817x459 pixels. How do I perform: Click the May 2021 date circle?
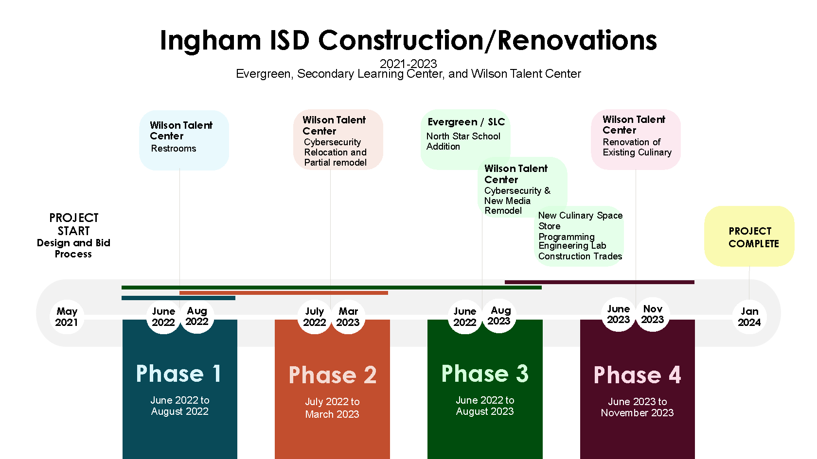pos(67,317)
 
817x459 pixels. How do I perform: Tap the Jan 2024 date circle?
pos(749,317)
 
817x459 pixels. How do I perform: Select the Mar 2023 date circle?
pos(348,317)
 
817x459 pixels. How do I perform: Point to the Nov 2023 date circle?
pos(653,314)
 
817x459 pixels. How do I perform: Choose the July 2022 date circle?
pos(314,317)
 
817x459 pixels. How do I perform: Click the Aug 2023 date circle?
pos(499,316)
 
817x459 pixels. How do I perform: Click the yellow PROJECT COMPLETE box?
pos(749,236)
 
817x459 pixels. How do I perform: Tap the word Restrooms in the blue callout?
pos(174,148)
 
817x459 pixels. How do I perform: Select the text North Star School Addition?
pos(463,141)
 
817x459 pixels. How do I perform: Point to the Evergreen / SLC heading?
pos(466,121)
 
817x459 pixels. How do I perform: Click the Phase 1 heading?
pos(178,374)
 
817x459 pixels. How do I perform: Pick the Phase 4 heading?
pos(637,375)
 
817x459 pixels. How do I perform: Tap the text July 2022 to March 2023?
pos(332,408)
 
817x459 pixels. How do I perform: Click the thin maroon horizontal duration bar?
pos(599,282)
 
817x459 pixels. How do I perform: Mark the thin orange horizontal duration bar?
pos(284,293)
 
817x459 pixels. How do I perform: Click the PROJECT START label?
pos(74,224)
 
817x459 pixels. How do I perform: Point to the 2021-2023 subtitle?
pos(408,64)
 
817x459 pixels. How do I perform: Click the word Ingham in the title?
pos(211,40)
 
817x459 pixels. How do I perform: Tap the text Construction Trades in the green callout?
pos(580,256)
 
